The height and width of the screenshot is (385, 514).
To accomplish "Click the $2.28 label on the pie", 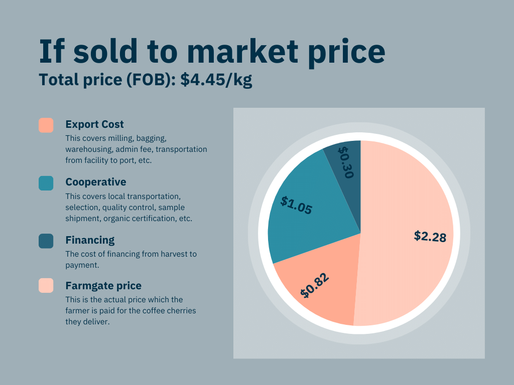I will (x=430, y=236).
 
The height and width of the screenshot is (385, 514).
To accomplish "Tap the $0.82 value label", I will (x=315, y=286).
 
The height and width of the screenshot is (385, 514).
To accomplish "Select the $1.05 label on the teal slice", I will (x=296, y=206).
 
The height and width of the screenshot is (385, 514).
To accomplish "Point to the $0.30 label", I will (x=346, y=161).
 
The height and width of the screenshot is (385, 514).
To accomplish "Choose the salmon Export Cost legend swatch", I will (x=46, y=125).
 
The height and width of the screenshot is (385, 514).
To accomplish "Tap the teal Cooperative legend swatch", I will (x=46, y=183).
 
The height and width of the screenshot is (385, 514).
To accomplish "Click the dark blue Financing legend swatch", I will (x=46, y=241).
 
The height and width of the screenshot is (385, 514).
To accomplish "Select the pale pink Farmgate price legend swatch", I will (x=46, y=286).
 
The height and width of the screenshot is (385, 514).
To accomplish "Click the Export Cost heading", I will (x=94, y=124).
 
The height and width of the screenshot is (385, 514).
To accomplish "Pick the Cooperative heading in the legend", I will (x=95, y=182).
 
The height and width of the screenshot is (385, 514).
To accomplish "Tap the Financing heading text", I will (x=90, y=240).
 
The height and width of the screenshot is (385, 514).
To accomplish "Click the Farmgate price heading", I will (x=103, y=286).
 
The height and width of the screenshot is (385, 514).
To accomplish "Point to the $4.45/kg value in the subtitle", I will (x=216, y=80).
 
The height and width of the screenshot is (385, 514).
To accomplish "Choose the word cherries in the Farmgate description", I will (x=180, y=311).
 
